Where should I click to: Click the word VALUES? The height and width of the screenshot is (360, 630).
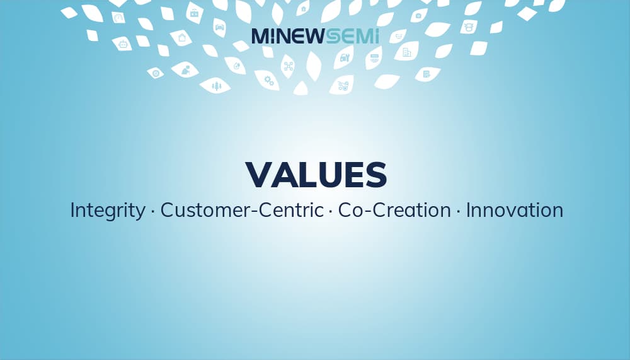point(316,175)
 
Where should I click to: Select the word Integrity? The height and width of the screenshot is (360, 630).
point(108,211)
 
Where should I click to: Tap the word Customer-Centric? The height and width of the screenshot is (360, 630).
point(242,210)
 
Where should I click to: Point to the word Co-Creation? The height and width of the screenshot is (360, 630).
point(394,210)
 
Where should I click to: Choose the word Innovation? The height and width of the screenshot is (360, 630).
point(514,210)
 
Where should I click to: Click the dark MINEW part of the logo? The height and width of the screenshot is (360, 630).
point(287,36)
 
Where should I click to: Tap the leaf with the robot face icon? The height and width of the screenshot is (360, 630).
point(122,44)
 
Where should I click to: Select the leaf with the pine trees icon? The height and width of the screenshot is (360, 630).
point(215,85)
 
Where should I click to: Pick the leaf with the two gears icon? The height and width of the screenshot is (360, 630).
point(268,81)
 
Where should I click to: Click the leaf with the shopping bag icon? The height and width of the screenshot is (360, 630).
point(181,38)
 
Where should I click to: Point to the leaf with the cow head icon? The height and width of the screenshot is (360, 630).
point(469,27)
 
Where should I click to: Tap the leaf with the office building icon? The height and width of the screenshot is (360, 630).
point(406,52)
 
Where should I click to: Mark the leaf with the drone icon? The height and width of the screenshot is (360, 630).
point(288,66)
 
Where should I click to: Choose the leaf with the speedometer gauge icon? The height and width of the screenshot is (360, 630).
point(118,18)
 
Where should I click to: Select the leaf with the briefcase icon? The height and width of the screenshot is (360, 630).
point(195,13)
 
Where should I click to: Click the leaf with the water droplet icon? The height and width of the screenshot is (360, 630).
point(236,66)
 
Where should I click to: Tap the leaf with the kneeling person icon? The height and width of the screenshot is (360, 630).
point(185,69)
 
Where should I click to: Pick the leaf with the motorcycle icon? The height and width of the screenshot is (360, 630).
point(342,85)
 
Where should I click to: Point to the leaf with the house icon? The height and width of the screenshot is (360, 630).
point(303,8)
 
